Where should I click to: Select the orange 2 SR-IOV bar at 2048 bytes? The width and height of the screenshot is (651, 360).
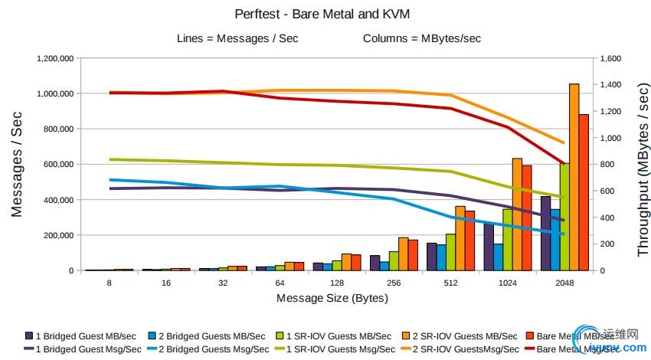(574, 176)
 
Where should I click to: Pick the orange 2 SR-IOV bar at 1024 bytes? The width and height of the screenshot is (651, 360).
(517, 214)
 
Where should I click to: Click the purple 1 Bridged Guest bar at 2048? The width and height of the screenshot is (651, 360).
(545, 234)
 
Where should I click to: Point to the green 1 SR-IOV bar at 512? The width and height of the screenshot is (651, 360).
(450, 252)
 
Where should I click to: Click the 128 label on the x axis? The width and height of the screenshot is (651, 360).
(337, 283)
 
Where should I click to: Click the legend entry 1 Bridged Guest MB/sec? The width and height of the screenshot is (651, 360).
(80, 335)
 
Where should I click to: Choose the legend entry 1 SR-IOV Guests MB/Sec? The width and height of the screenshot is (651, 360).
(338, 335)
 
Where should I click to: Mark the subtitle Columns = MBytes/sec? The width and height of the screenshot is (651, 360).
(422, 38)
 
